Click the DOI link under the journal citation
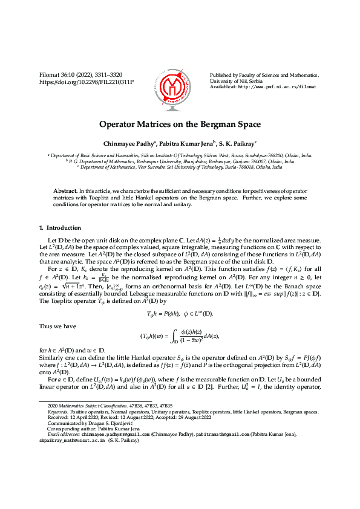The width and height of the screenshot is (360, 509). coord(87,80)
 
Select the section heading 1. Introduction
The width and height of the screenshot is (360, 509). coord(59,228)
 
